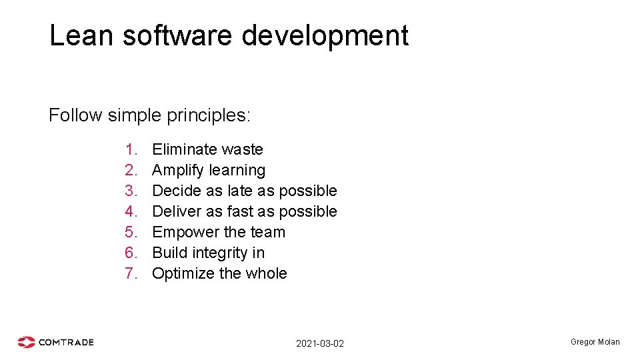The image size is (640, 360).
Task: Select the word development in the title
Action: (325, 36)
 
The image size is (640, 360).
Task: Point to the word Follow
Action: (75, 115)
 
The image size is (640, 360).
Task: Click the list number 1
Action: (130, 149)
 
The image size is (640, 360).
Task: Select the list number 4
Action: (130, 211)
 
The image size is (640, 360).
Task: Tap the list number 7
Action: (130, 273)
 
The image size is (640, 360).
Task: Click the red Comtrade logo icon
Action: (27, 342)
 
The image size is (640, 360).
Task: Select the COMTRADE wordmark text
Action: (66, 342)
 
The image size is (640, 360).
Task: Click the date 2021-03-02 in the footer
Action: (320, 343)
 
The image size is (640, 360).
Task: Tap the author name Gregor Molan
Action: (595, 342)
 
